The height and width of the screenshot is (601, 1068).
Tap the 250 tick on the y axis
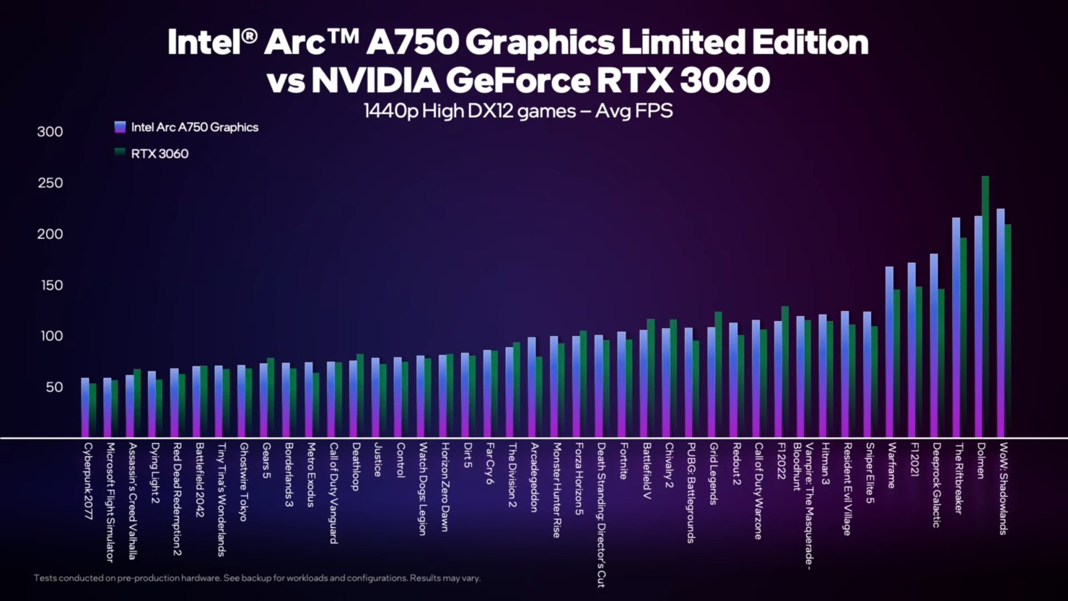click(x=50, y=183)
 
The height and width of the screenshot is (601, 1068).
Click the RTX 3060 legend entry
click(x=159, y=154)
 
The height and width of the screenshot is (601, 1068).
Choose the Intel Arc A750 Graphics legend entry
click(x=194, y=128)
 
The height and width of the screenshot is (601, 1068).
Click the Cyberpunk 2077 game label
click(x=88, y=481)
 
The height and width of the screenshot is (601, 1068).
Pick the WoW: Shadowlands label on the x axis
click(x=1003, y=488)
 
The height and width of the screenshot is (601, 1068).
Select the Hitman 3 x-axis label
click(x=825, y=463)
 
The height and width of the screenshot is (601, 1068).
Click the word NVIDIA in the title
click(x=376, y=80)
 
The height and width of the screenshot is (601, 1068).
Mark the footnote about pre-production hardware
click(x=257, y=578)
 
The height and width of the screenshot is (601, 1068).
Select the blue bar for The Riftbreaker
click(x=956, y=328)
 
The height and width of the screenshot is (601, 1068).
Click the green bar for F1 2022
click(x=785, y=372)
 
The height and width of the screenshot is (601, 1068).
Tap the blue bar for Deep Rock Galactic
click(x=934, y=346)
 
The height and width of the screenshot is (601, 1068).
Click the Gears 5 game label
click(x=266, y=461)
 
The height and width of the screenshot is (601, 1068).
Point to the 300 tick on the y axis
click(x=50, y=132)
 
